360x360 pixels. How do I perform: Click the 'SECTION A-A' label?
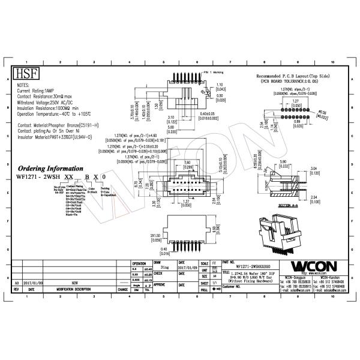[289, 205]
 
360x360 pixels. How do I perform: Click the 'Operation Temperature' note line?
[58, 113]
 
